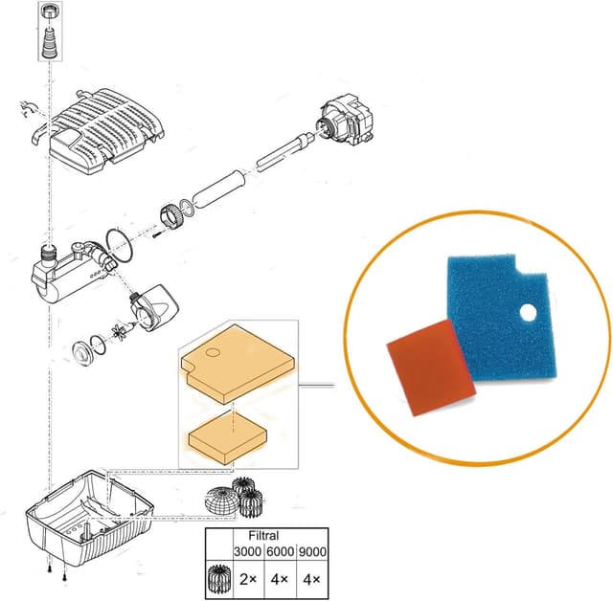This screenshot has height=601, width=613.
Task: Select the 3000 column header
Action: pyautogui.click(x=246, y=551)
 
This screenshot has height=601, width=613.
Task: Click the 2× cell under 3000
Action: pyautogui.click(x=246, y=577)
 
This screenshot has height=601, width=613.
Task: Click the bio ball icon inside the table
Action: pyautogui.click(x=217, y=577)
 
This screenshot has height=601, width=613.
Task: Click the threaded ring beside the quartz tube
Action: pyautogui.click(x=171, y=216)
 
